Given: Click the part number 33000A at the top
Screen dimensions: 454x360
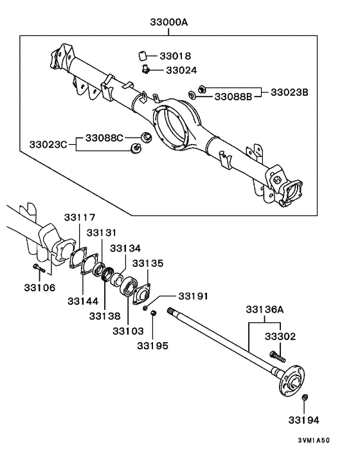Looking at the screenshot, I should [169, 22].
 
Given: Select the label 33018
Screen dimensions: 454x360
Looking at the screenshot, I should [175, 57].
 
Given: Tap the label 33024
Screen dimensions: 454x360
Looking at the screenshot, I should [181, 70].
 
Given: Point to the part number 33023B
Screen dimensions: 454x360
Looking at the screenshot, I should [289, 92].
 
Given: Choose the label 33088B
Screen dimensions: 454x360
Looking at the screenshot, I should [233, 96].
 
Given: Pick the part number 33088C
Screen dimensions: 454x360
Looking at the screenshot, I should [105, 137].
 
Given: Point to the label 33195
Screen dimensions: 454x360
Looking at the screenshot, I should [153, 345].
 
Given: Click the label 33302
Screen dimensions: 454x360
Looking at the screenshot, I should [280, 336].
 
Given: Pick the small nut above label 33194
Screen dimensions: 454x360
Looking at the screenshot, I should [305, 399].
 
